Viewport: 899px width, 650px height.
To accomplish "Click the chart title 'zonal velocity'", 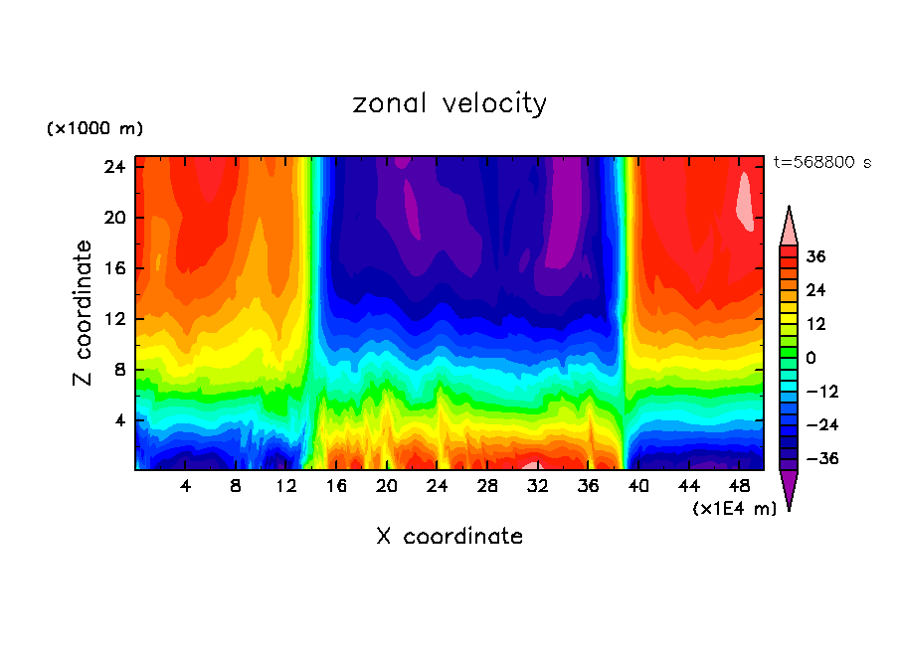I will click(449, 103).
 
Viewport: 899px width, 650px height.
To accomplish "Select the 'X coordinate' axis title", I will click(449, 537).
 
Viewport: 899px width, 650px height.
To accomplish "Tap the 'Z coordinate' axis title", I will click(85, 313).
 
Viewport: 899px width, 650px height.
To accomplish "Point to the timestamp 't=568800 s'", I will click(821, 162).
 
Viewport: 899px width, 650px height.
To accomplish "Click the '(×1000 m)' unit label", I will click(94, 129).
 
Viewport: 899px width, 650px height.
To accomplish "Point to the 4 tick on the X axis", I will click(185, 486).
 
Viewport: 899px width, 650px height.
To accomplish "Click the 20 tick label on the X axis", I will click(387, 486).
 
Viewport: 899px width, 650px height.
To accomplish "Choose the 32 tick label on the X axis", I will click(538, 486).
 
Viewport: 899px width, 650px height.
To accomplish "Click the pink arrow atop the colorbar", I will click(789, 226).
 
